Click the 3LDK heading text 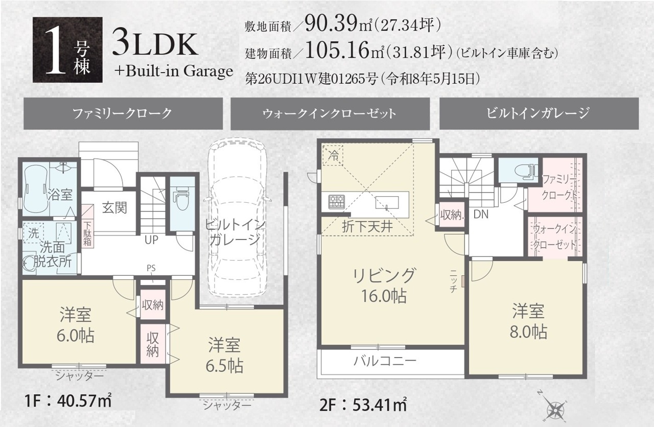point(155,45)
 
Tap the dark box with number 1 point(68,50)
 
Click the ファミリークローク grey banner point(123,113)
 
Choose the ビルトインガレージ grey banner point(539,113)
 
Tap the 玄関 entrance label point(114,208)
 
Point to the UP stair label point(151,240)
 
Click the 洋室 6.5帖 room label point(224,355)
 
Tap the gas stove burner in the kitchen point(337,202)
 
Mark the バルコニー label point(385,361)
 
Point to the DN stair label point(481,215)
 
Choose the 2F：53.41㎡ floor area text point(363,405)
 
